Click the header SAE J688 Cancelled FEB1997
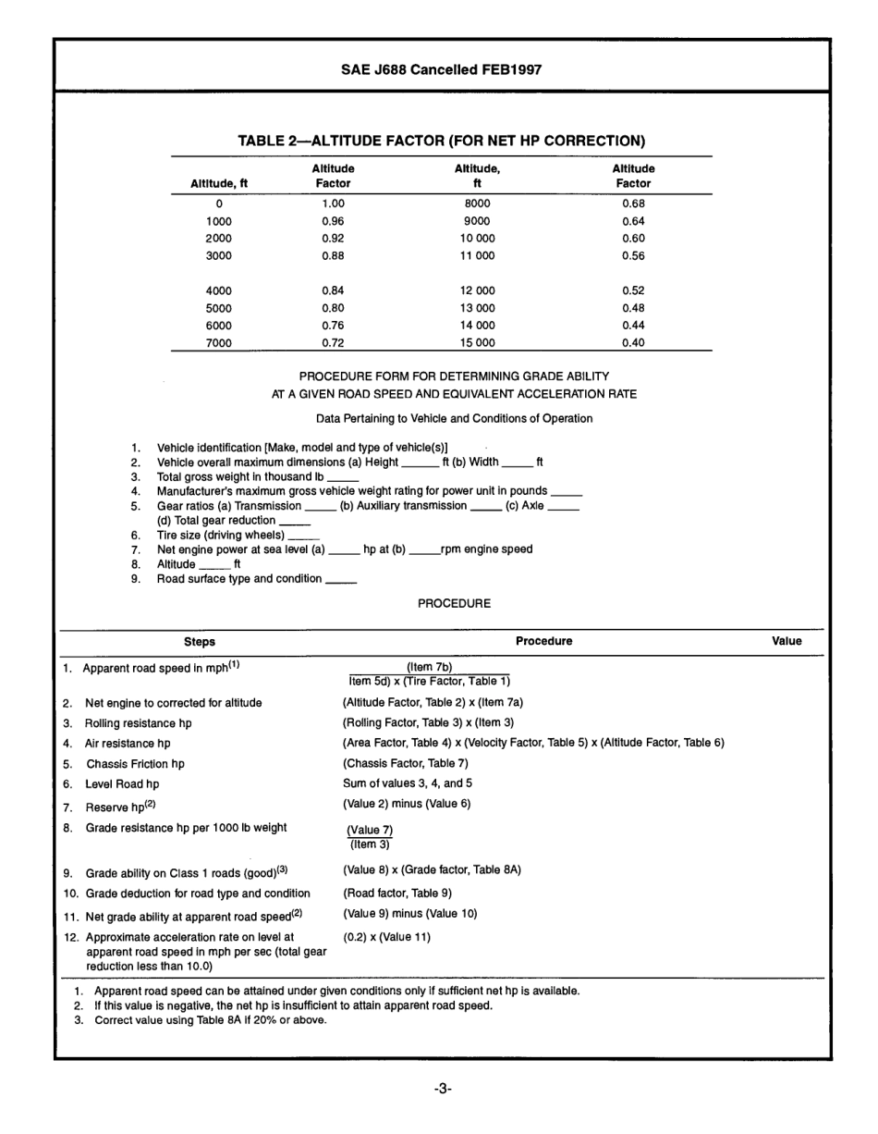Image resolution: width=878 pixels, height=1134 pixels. (x=440, y=69)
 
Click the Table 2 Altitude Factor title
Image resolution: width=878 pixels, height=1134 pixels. (x=441, y=141)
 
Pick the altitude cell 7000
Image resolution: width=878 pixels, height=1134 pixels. (x=219, y=342)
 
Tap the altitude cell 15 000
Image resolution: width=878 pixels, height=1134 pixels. (x=477, y=342)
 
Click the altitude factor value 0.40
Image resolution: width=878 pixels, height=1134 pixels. (x=633, y=342)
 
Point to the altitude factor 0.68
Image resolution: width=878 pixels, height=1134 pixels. (x=633, y=203)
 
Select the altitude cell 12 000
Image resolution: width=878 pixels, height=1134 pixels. (x=477, y=290)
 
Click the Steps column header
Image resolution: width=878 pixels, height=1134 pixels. (x=200, y=641)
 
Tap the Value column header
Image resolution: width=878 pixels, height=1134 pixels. (x=787, y=641)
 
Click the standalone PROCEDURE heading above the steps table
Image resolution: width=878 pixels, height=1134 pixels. (x=454, y=603)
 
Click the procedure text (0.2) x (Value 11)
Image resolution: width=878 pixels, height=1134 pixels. (x=386, y=936)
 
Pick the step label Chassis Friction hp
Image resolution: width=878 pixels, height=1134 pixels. (x=135, y=764)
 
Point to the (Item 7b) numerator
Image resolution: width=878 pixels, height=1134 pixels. (x=430, y=667)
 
